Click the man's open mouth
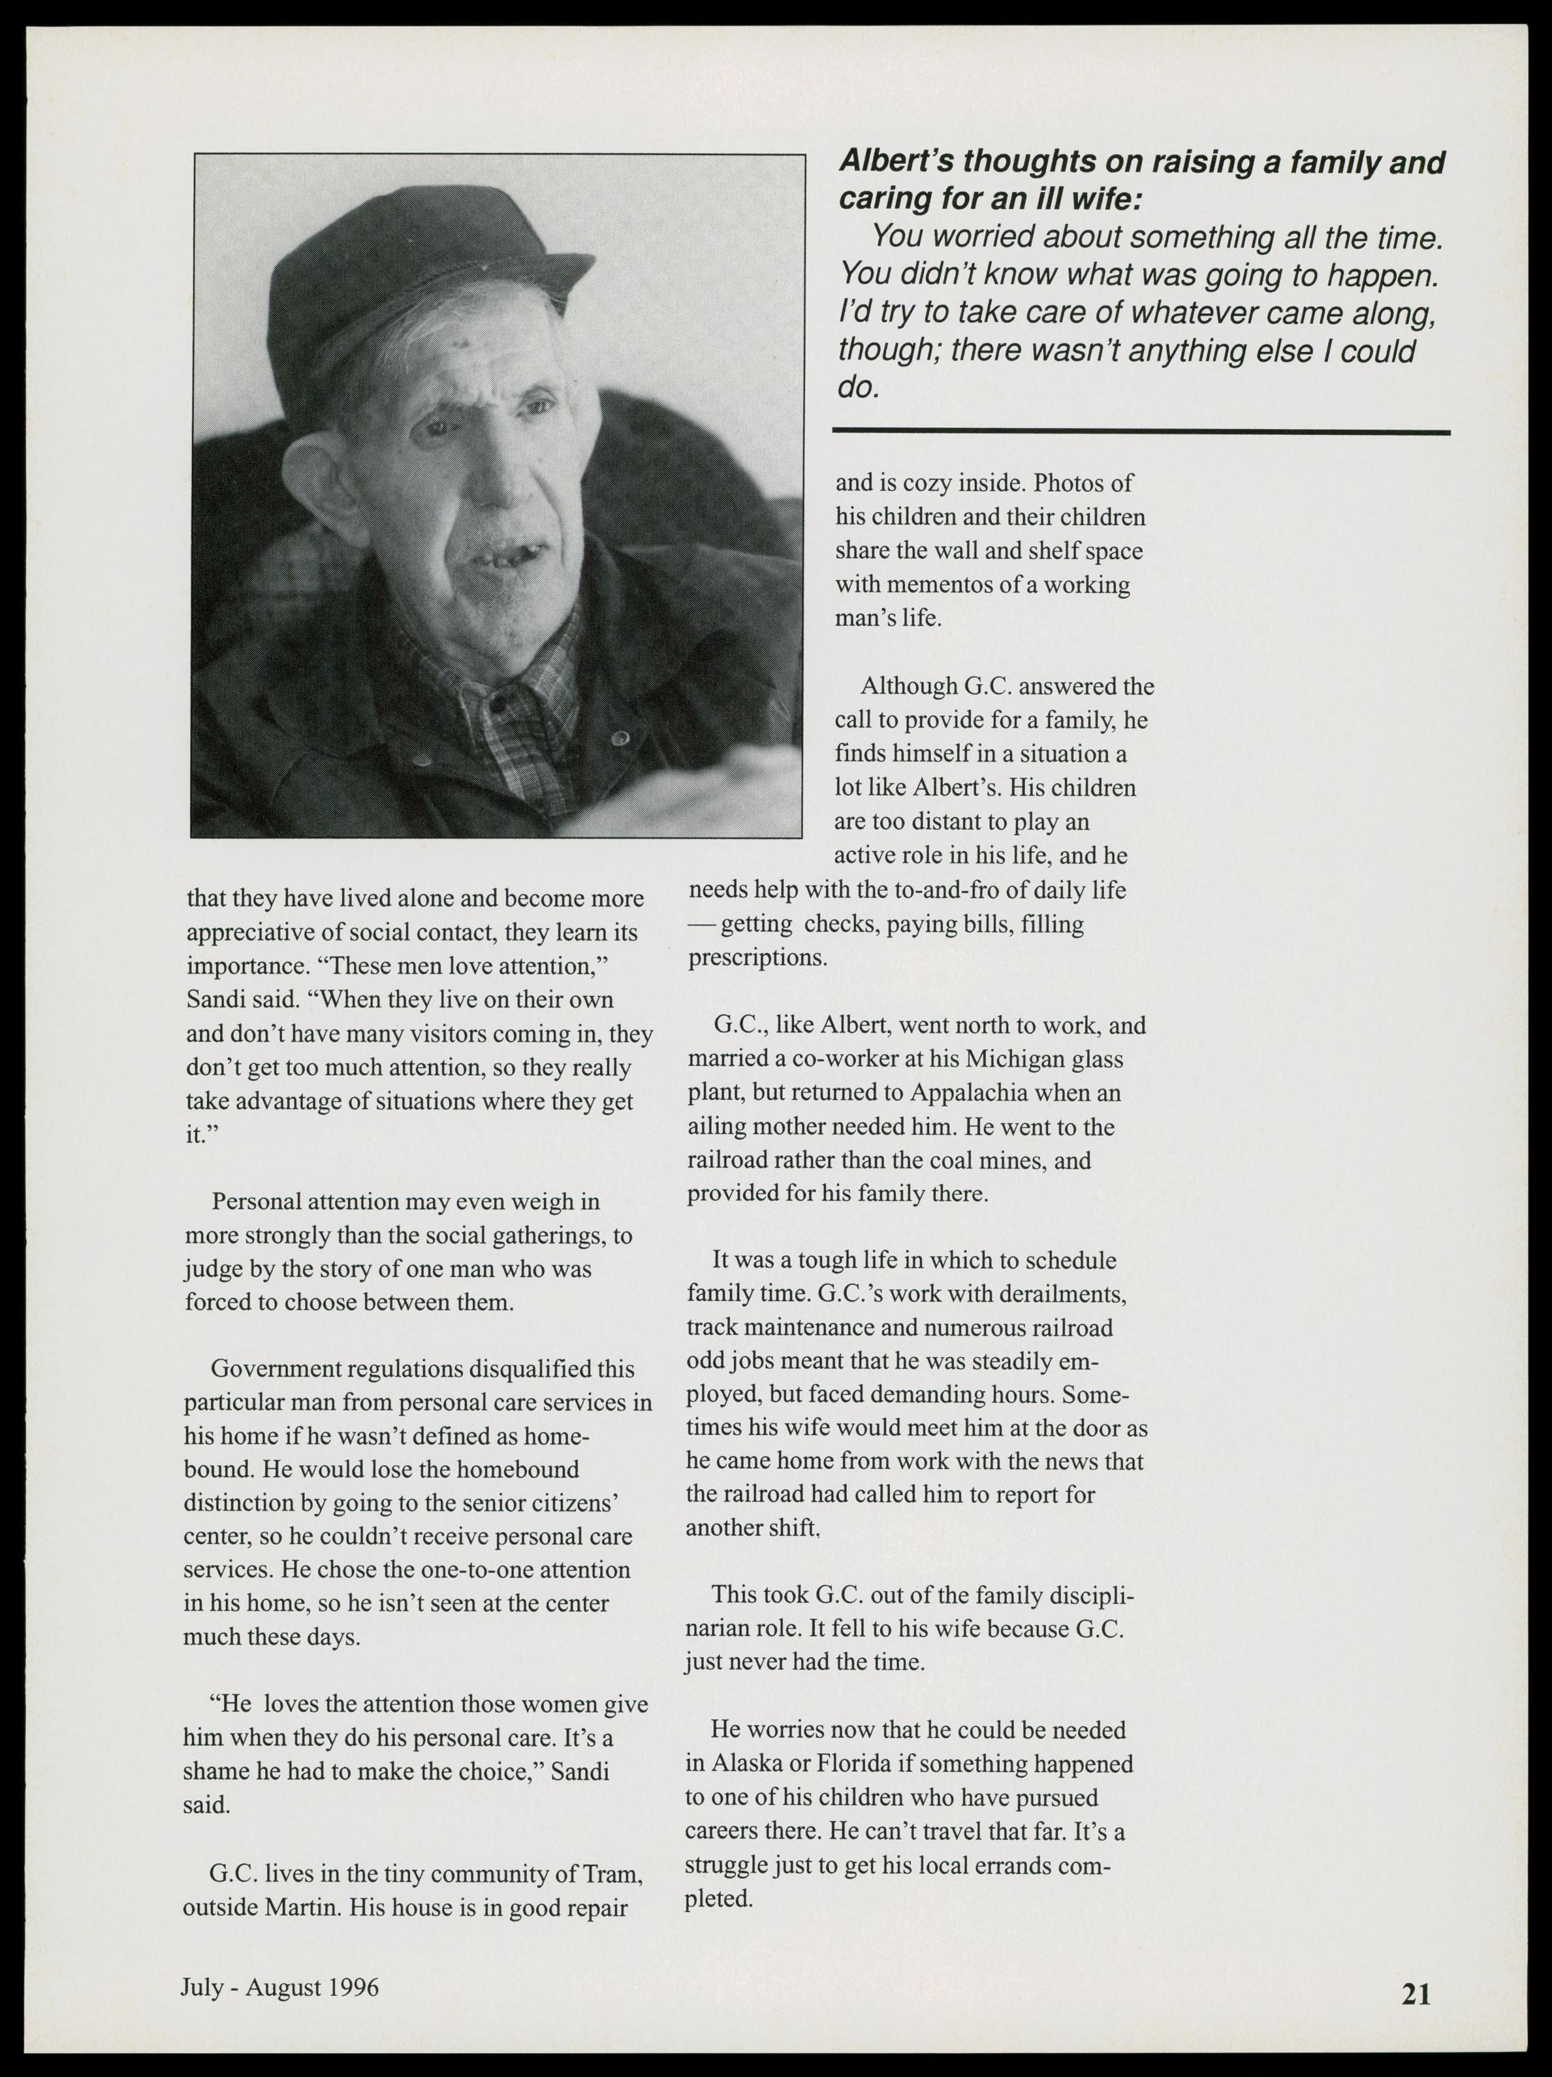pos(497,558)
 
